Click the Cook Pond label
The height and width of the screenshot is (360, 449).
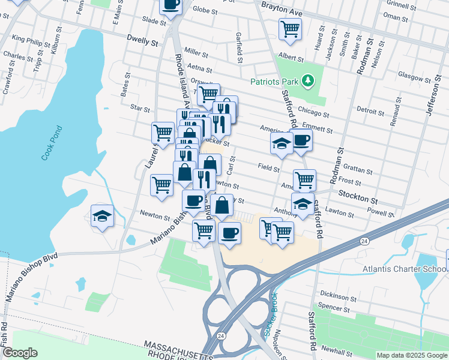52,143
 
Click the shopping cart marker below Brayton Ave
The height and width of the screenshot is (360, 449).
290,28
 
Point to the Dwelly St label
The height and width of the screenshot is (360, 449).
142,43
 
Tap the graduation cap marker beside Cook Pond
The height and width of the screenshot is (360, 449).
103,216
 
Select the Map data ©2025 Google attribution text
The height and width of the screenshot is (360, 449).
412,355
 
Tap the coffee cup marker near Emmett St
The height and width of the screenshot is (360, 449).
301,141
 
